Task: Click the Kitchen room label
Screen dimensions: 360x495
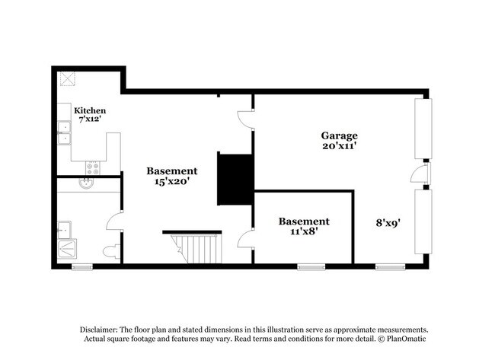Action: [90, 110]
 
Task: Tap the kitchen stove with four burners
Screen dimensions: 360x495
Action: [92, 167]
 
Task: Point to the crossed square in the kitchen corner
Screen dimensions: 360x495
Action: [68, 79]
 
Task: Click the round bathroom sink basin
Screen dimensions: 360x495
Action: [86, 183]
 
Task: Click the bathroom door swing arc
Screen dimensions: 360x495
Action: [114, 221]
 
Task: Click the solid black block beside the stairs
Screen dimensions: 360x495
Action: [235, 179]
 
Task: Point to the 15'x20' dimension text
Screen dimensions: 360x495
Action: [172, 182]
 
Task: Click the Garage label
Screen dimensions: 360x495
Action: [339, 135]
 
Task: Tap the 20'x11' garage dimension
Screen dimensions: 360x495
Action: [339, 146]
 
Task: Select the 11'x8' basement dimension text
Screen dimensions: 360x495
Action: [303, 231]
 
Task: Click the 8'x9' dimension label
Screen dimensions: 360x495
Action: [389, 223]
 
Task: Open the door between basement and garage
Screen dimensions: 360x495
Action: [245, 118]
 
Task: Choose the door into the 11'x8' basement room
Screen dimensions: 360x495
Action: [245, 240]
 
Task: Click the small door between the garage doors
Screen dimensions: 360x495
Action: [419, 174]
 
